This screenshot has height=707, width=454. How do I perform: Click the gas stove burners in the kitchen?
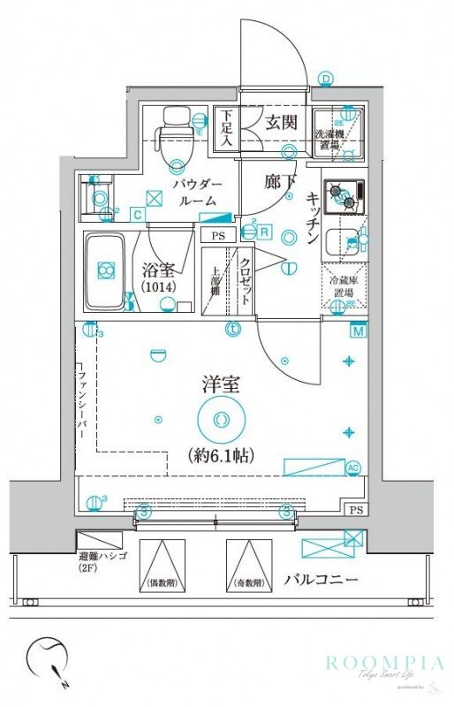click(344, 196)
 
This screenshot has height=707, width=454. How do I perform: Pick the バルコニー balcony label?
click(321, 581)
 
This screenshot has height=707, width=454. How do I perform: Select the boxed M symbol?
click(358, 332)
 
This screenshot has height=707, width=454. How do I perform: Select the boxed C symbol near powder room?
click(138, 213)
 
